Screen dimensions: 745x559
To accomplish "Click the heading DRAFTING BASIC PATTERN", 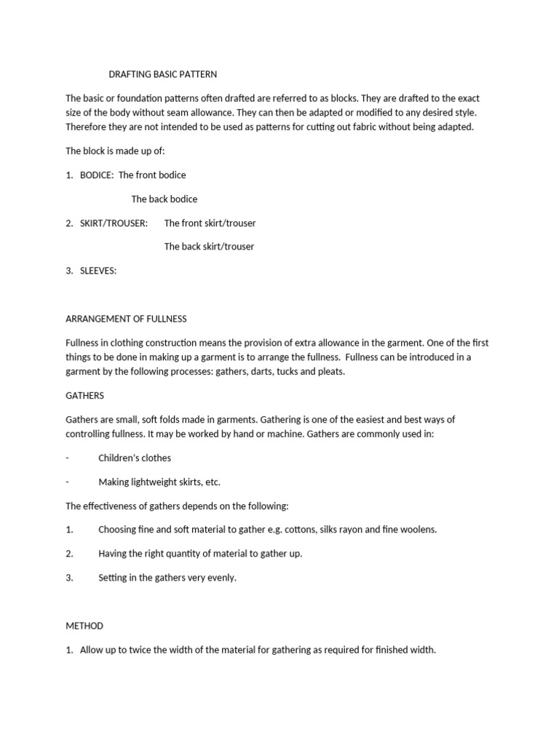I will pyautogui.click(x=162, y=74).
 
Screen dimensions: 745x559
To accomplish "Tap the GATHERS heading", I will pyautogui.click(x=85, y=396).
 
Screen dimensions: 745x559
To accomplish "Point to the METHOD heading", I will pyautogui.click(x=84, y=626).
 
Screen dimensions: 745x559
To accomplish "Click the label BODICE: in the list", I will pyautogui.click(x=97, y=175).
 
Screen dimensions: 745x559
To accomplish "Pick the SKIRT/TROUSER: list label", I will pyautogui.click(x=114, y=223).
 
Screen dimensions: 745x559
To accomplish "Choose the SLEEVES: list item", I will pyautogui.click(x=98, y=271).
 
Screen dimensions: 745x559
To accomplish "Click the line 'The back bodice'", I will pyautogui.click(x=164, y=199).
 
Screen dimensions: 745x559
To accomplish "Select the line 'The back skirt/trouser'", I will pyautogui.click(x=209, y=247).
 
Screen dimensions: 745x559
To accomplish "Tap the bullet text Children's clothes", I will pyautogui.click(x=135, y=458).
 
